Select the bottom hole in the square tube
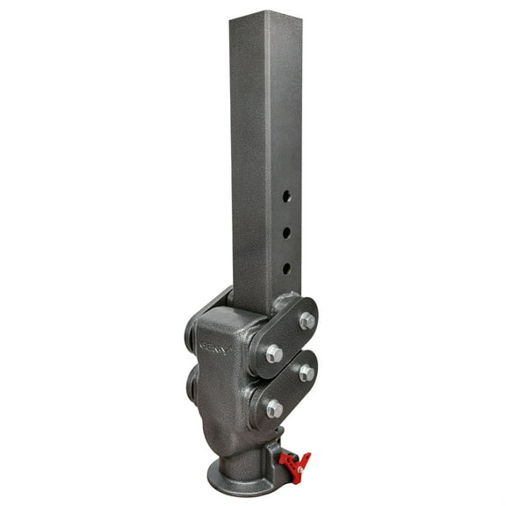coord(286,267)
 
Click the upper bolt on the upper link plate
coord(307,321)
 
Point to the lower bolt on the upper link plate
coord(274,353)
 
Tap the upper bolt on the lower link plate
coord(307,373)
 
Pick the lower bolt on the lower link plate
coord(275,408)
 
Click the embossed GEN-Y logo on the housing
coord(213,348)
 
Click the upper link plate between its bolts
coord(291,336)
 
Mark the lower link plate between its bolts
coord(291,390)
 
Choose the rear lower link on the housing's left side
coord(192,382)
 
